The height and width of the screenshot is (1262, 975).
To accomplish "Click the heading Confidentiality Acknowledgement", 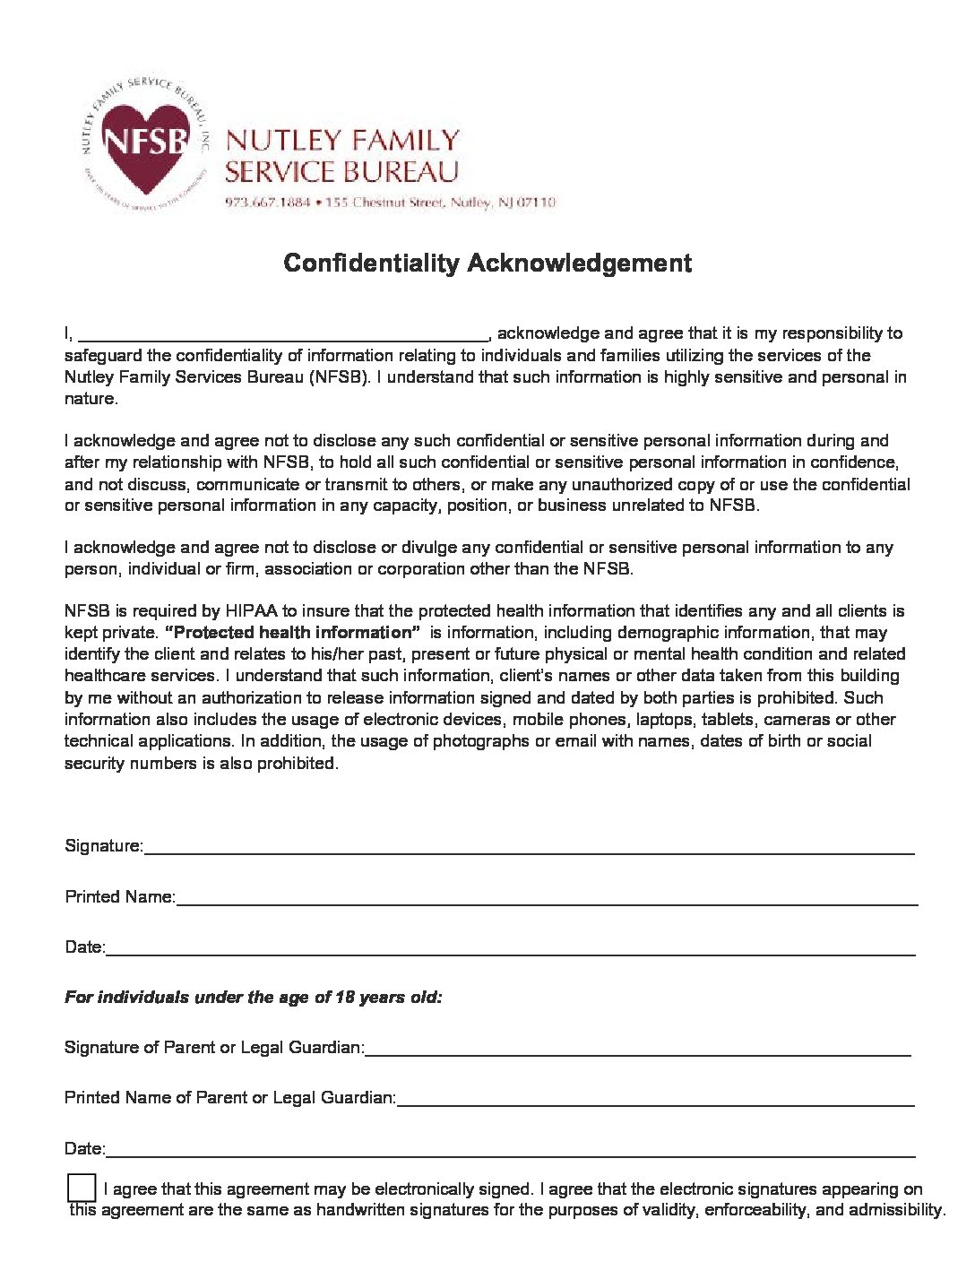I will [x=487, y=263].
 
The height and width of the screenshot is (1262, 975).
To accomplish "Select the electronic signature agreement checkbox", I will [x=82, y=1187].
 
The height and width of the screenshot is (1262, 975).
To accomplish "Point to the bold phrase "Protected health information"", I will [x=293, y=633].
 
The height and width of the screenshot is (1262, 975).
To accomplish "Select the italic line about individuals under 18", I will [x=253, y=998].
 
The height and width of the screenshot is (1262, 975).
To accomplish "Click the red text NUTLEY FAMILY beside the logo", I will [x=343, y=141].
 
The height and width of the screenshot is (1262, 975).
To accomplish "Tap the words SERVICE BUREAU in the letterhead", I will [x=341, y=171].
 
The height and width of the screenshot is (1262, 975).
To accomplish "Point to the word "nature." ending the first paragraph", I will [x=91, y=399].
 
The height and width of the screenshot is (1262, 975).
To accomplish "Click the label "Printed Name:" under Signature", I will [x=119, y=897].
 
